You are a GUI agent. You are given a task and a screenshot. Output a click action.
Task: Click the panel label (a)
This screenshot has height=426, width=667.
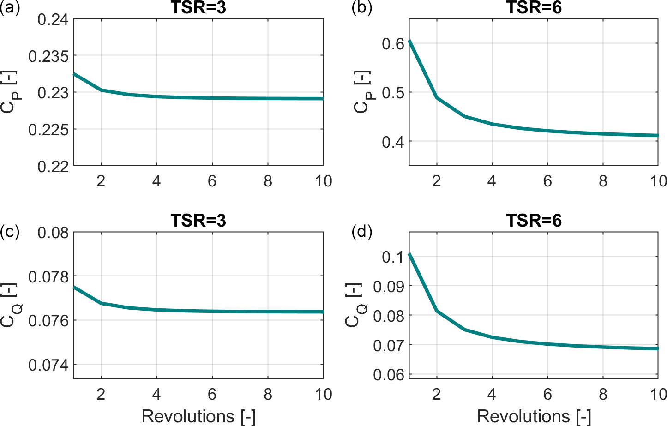(x=10, y=8)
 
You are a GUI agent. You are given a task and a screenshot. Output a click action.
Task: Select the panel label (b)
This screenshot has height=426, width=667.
(x=361, y=8)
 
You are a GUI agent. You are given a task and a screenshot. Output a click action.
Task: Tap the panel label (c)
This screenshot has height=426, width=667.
(x=10, y=231)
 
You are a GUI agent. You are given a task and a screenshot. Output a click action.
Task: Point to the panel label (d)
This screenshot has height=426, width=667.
(x=361, y=231)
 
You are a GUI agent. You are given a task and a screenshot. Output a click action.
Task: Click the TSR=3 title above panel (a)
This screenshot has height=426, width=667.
(x=198, y=8)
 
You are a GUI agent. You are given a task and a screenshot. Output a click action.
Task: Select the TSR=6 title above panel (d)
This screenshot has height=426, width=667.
(x=534, y=221)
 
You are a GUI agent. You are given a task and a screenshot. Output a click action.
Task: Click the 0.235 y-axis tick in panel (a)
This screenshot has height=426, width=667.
(x=48, y=56)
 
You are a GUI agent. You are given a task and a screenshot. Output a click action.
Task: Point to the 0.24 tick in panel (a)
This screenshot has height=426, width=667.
(x=53, y=20)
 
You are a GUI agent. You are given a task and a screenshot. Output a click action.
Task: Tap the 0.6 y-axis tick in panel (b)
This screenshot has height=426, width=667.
(x=393, y=44)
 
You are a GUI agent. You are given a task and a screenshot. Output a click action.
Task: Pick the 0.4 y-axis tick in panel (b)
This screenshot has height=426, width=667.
(x=393, y=142)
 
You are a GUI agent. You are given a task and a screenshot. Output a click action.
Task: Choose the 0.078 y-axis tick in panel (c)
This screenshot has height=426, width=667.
(x=48, y=276)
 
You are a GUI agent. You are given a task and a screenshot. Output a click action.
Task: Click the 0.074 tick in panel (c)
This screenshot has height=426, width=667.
(x=48, y=365)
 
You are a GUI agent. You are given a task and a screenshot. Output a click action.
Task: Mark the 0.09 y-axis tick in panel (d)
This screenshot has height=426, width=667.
(x=388, y=286)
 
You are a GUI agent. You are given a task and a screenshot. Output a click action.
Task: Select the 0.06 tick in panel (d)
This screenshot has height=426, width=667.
(x=388, y=374)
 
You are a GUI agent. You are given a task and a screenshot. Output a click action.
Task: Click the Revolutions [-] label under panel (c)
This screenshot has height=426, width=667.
(x=198, y=416)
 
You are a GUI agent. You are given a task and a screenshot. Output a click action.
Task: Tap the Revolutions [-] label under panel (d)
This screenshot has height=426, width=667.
(x=534, y=416)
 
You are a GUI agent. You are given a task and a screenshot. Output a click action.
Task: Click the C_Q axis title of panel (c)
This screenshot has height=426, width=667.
(x=9, y=306)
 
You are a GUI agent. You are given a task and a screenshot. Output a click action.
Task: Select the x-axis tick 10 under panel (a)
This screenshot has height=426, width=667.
(x=323, y=181)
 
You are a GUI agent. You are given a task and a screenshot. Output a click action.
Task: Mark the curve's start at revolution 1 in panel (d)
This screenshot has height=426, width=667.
(x=409, y=254)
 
